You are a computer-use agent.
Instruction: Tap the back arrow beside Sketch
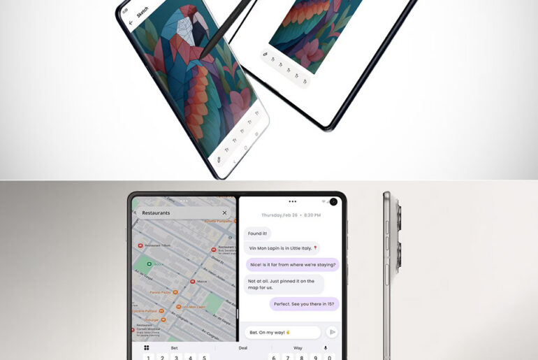[x=131, y=22]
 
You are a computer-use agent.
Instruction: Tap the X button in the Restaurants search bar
[x=224, y=213]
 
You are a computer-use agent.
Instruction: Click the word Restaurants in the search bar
[x=156, y=213]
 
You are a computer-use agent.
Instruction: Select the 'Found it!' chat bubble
[x=258, y=233]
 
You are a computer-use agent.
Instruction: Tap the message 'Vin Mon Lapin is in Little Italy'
[x=282, y=248]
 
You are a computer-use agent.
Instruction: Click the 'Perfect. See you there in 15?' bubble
[x=304, y=303]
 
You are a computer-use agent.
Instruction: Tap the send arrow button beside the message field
[x=332, y=332]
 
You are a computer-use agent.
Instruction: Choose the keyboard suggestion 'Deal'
[x=242, y=347]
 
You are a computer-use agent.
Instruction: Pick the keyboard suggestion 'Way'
[x=298, y=347]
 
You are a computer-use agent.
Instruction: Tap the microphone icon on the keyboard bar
[x=325, y=347]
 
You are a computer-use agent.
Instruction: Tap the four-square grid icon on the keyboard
[x=147, y=347]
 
